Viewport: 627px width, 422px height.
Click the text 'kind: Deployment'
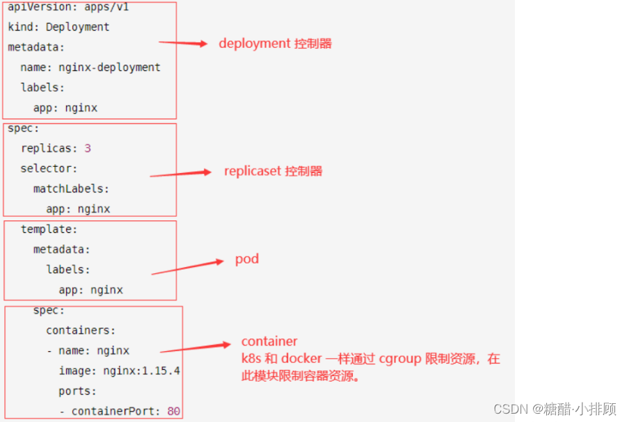[58, 27]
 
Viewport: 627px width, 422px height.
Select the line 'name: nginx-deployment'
[90, 67]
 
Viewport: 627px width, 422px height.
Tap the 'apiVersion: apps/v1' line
[68, 7]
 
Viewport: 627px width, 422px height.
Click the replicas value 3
[88, 148]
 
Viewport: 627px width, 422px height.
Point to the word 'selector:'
[49, 168]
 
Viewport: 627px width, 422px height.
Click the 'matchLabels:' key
[71, 188]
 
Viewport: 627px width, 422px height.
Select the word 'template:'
[49, 229]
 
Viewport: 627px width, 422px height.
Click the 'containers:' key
[81, 330]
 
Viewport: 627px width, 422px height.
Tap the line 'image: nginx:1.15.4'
[119, 371]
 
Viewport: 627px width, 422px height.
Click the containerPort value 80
[174, 411]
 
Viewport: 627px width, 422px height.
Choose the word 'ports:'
[77, 391]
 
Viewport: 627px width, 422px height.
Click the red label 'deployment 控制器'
[275, 43]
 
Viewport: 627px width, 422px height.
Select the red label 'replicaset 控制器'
[273, 171]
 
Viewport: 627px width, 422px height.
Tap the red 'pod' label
[246, 259]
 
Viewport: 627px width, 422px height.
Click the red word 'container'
[269, 341]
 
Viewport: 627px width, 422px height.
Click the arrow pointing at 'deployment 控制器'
[183, 43]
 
